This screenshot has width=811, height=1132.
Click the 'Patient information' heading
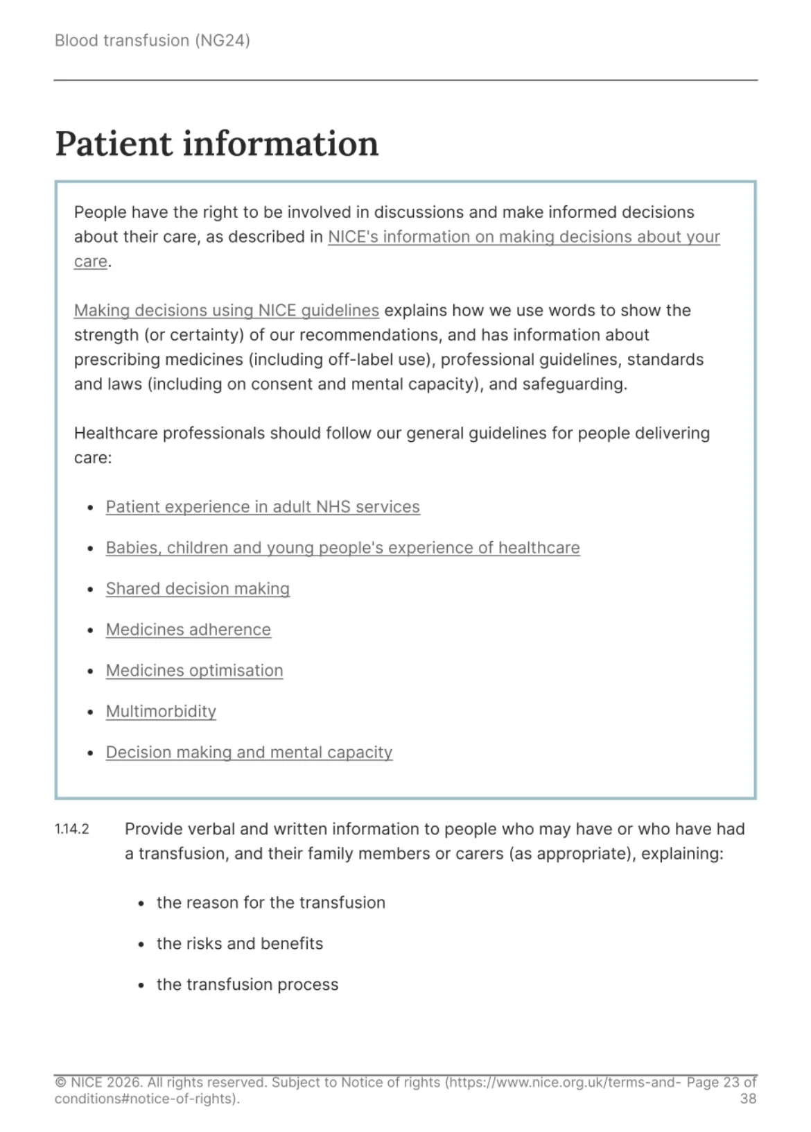(216, 144)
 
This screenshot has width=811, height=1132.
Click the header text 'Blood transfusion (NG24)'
(152, 40)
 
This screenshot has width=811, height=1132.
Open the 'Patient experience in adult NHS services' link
(263, 507)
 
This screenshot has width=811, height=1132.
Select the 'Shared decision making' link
(198, 589)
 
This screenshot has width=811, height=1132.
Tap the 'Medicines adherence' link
(188, 630)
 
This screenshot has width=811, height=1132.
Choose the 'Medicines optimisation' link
(194, 671)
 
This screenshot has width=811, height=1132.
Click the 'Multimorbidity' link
(161, 712)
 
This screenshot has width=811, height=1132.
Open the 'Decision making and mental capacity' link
(249, 753)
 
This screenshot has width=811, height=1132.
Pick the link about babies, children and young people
(342, 548)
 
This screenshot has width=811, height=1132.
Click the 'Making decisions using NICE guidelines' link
(226, 310)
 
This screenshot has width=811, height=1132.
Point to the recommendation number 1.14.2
(72, 830)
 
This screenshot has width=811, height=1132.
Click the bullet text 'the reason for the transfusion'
(270, 903)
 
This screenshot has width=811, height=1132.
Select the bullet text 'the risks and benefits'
(239, 944)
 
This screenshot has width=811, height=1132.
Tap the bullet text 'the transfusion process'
(247, 985)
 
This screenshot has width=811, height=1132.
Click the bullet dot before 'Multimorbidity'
(90, 712)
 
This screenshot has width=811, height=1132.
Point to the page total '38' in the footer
(748, 1099)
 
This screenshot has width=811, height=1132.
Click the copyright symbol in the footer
(60, 1083)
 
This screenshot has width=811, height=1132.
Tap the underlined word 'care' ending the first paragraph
(90, 261)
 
